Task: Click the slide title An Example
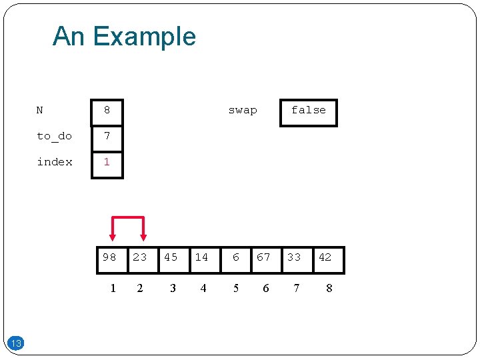[x=124, y=36]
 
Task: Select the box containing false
[x=308, y=111]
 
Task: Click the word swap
[x=242, y=110]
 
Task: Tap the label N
[x=40, y=110]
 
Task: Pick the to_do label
[x=54, y=136]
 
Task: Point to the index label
[x=55, y=162]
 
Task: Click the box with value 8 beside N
[x=107, y=111]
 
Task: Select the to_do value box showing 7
[x=107, y=138]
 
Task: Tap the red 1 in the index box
[x=107, y=162]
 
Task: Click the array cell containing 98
[x=110, y=259]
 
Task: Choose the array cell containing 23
[x=140, y=259]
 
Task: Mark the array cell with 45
[x=171, y=259]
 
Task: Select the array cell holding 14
[x=202, y=259]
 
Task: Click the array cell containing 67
[x=264, y=259]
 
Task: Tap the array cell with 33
[x=294, y=259]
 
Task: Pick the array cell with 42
[x=325, y=259]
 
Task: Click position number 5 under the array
[x=236, y=288]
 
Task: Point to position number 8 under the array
[x=329, y=288]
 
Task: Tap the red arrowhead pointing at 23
[x=143, y=236]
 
